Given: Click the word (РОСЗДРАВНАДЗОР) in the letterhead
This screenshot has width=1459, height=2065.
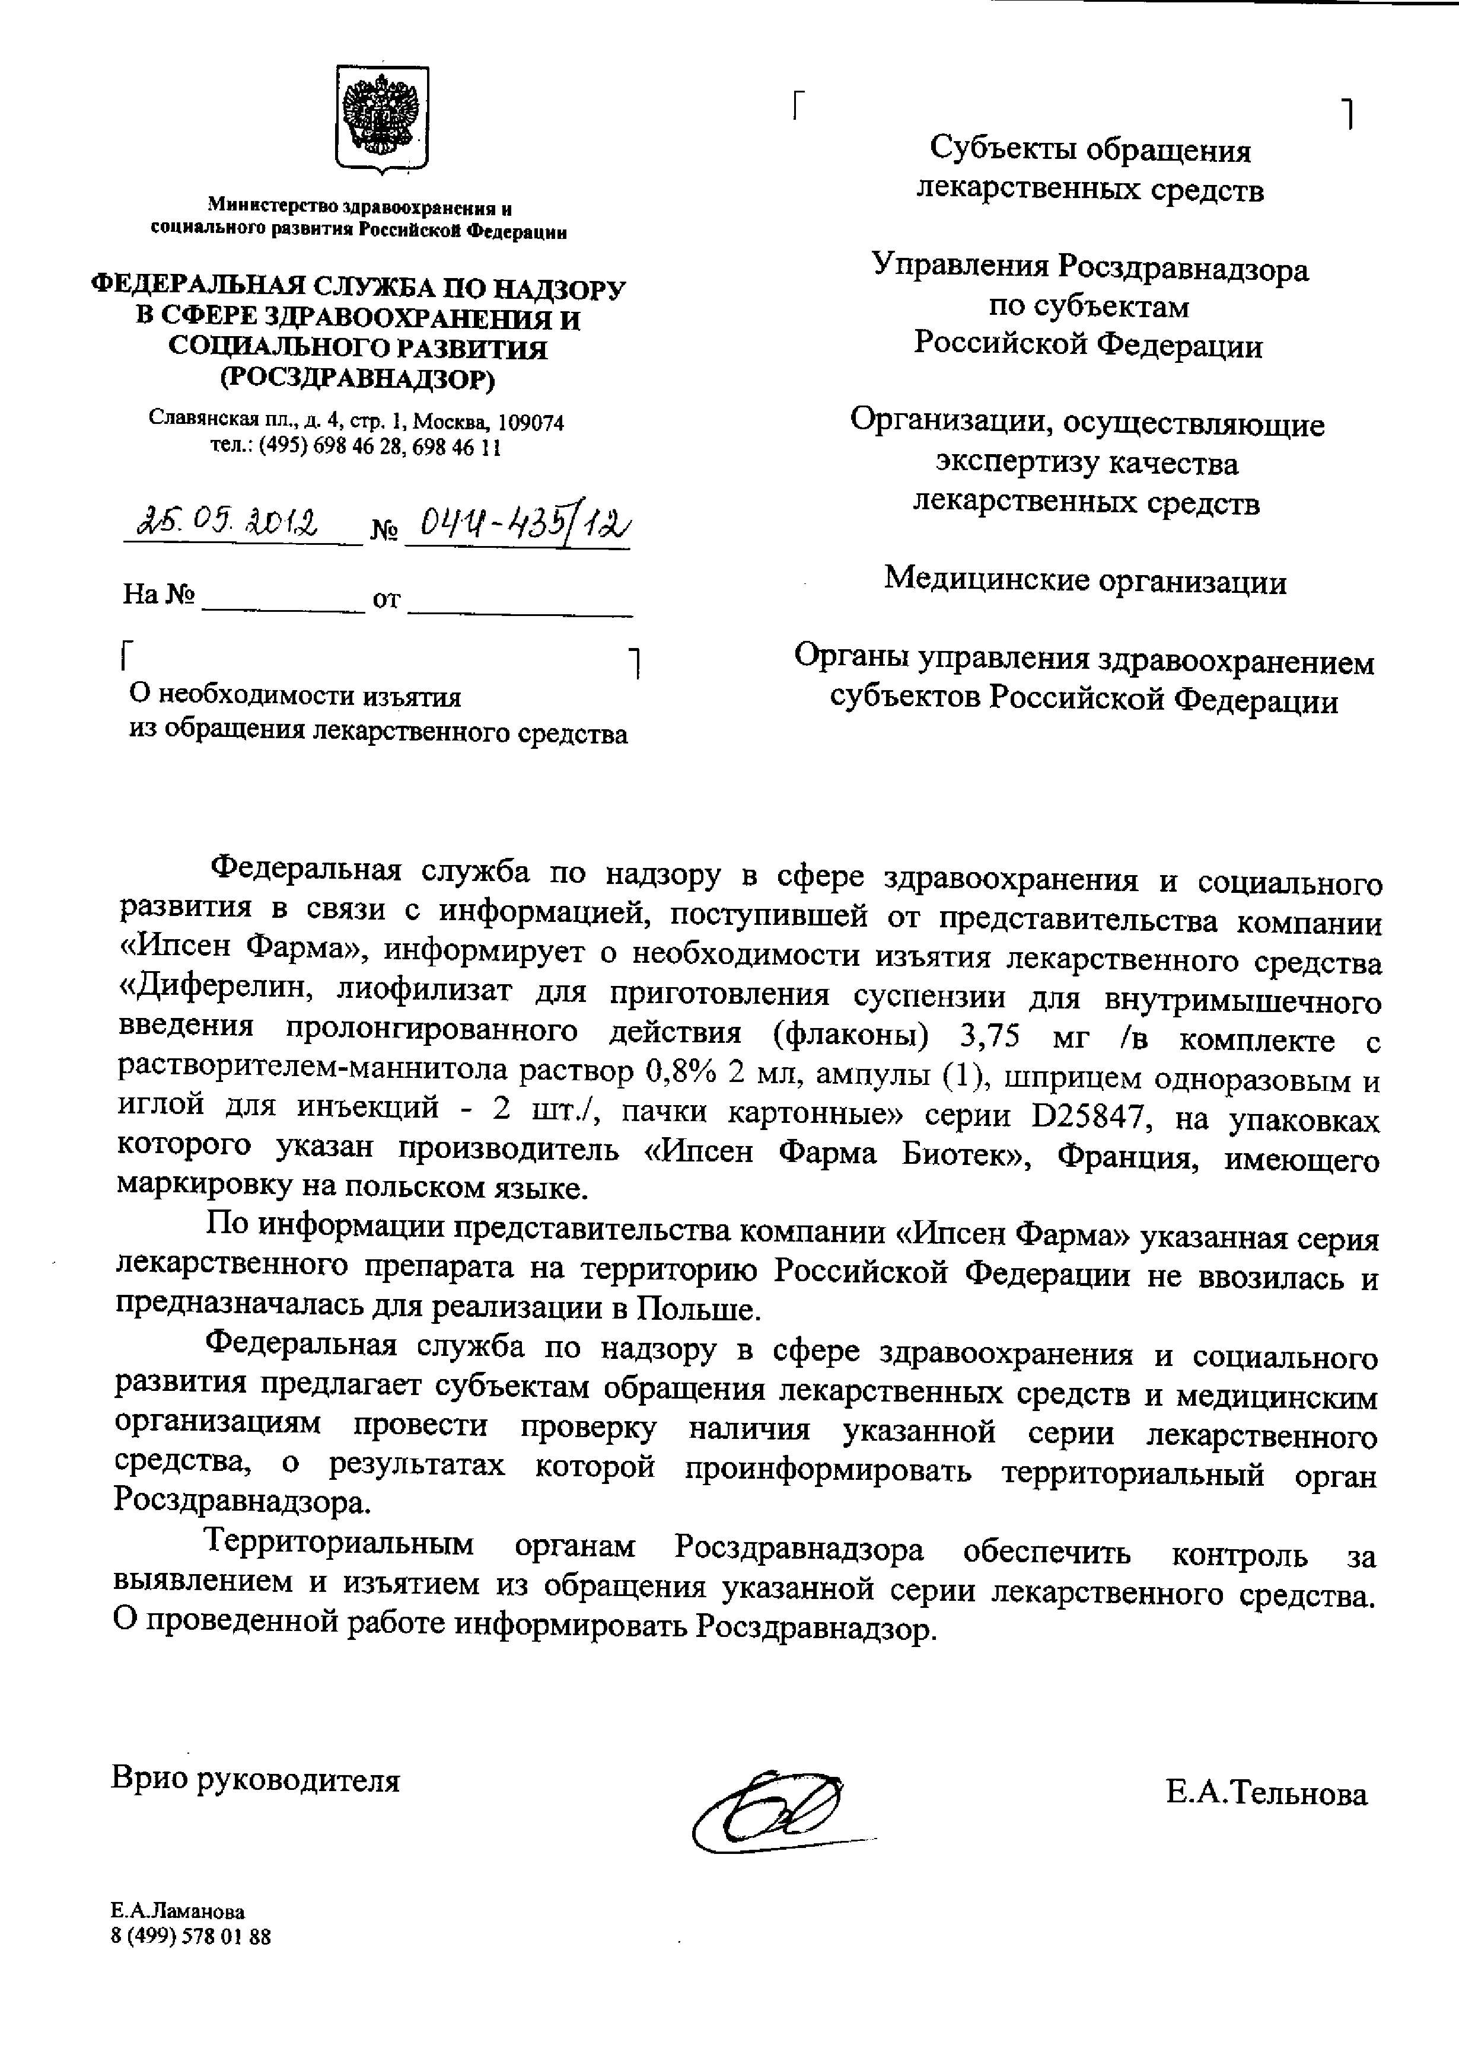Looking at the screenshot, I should (x=358, y=379).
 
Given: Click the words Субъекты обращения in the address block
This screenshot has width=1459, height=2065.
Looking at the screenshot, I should (x=1090, y=149).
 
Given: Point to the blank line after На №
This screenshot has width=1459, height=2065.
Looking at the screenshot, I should (x=281, y=602).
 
